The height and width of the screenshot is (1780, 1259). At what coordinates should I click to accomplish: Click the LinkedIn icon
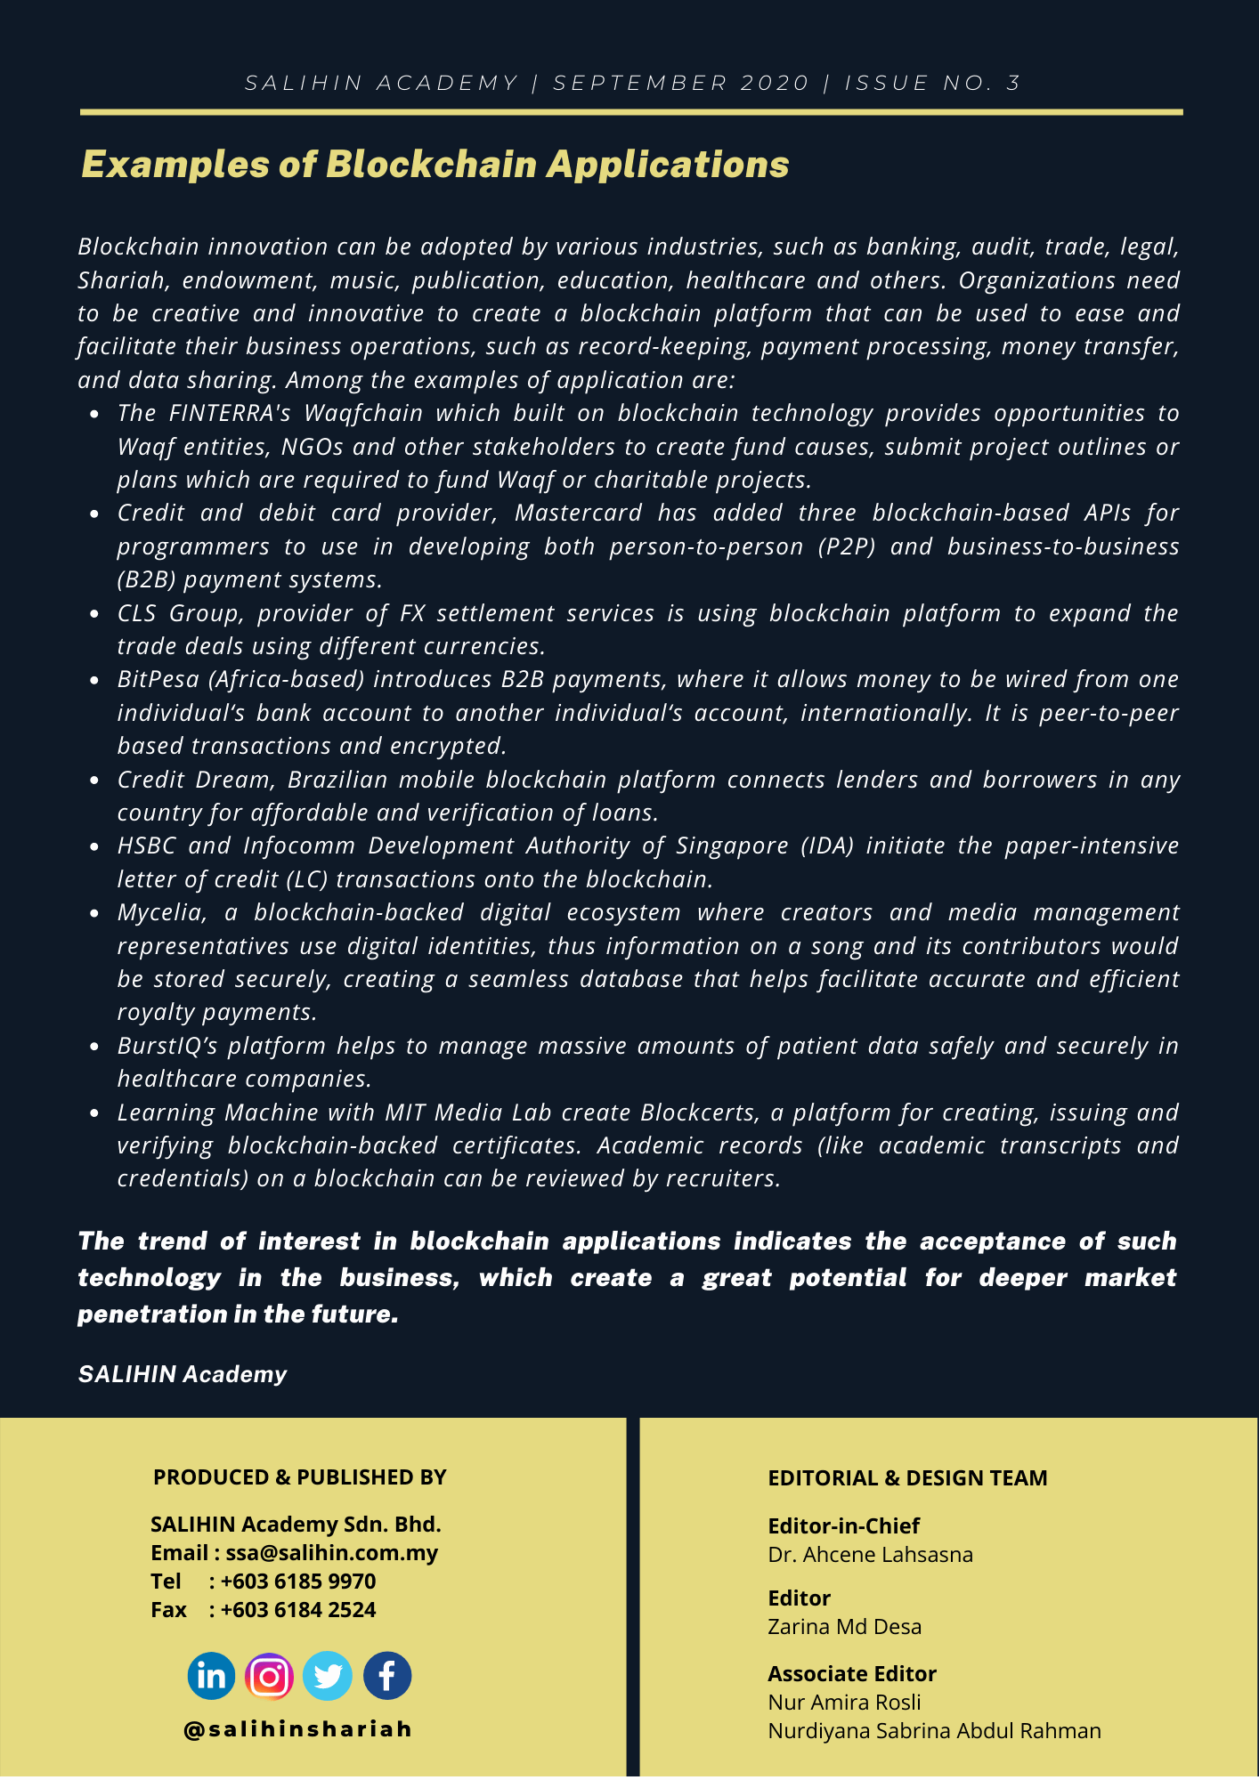pyautogui.click(x=211, y=1676)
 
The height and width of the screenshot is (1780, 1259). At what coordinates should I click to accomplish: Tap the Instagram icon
pyautogui.click(x=269, y=1677)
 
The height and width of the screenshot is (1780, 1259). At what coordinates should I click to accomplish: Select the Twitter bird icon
pyautogui.click(x=328, y=1676)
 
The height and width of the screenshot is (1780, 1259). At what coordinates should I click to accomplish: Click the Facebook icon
pyautogui.click(x=387, y=1676)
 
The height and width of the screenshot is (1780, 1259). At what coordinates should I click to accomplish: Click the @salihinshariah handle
pyautogui.click(x=298, y=1728)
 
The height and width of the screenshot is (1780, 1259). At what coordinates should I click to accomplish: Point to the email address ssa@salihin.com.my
pyautogui.click(x=331, y=1553)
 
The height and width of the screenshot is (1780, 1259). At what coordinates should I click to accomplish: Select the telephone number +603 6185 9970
pyautogui.click(x=297, y=1582)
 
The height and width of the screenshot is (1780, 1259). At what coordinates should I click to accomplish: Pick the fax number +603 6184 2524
pyautogui.click(x=297, y=1610)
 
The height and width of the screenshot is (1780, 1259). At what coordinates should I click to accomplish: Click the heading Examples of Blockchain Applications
pyautogui.click(x=435, y=165)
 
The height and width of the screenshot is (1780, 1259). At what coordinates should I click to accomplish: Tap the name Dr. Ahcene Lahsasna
pyautogui.click(x=870, y=1555)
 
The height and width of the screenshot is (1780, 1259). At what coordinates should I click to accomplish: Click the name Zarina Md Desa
pyautogui.click(x=844, y=1627)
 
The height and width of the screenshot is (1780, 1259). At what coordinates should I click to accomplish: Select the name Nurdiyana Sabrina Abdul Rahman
pyautogui.click(x=934, y=1731)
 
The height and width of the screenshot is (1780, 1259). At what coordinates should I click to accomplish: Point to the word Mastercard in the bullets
pyautogui.click(x=578, y=514)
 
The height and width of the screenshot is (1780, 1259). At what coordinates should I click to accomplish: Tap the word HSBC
pyautogui.click(x=146, y=846)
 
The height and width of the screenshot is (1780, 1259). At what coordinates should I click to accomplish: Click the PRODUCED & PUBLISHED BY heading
pyautogui.click(x=299, y=1477)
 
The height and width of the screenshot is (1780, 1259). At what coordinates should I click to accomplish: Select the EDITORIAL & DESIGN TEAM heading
pyautogui.click(x=907, y=1478)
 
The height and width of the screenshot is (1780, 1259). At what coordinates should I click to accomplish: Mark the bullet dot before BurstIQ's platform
pyautogui.click(x=95, y=1047)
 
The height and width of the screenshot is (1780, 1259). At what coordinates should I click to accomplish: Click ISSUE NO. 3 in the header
pyautogui.click(x=932, y=84)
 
